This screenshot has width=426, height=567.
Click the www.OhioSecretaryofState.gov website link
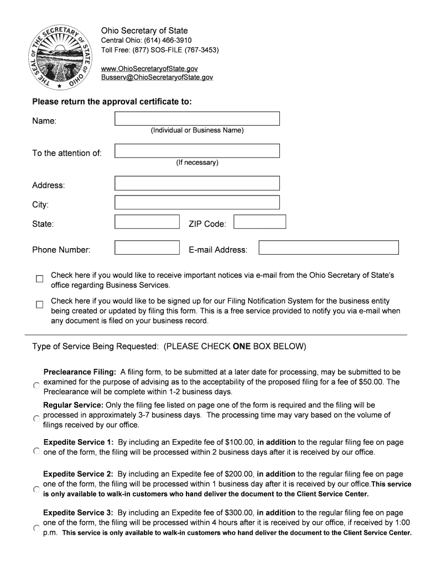coord(149,68)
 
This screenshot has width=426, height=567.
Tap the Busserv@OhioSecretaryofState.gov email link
coord(157,78)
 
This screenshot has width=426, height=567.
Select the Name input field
coord(197,118)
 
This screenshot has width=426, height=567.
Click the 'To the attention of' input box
coord(197,151)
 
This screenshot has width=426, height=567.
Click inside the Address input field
coord(197,183)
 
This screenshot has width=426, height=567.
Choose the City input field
coord(197,203)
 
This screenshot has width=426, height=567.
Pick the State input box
coord(147,222)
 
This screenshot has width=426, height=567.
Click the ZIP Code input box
coord(259,222)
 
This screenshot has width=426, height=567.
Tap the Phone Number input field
coord(147,248)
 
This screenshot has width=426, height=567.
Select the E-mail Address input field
coord(329,248)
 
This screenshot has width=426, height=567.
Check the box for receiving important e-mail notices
coord(39,279)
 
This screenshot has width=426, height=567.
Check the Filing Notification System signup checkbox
coord(39,305)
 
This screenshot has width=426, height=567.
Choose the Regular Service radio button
coord(36,419)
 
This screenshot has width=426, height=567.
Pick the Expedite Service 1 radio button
coord(36,451)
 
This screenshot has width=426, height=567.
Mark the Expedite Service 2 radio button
coord(36,489)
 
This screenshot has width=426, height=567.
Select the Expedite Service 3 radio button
coord(36,528)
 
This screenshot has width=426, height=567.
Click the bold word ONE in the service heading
coord(242,347)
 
